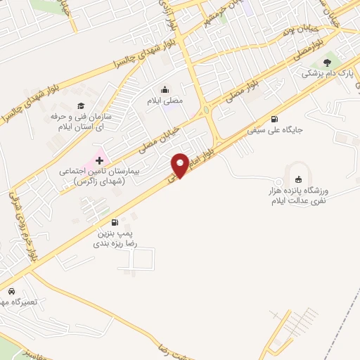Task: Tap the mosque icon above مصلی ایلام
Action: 165,89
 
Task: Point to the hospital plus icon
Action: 99,161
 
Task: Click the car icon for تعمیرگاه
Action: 12,291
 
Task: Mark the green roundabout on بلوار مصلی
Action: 206,110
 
